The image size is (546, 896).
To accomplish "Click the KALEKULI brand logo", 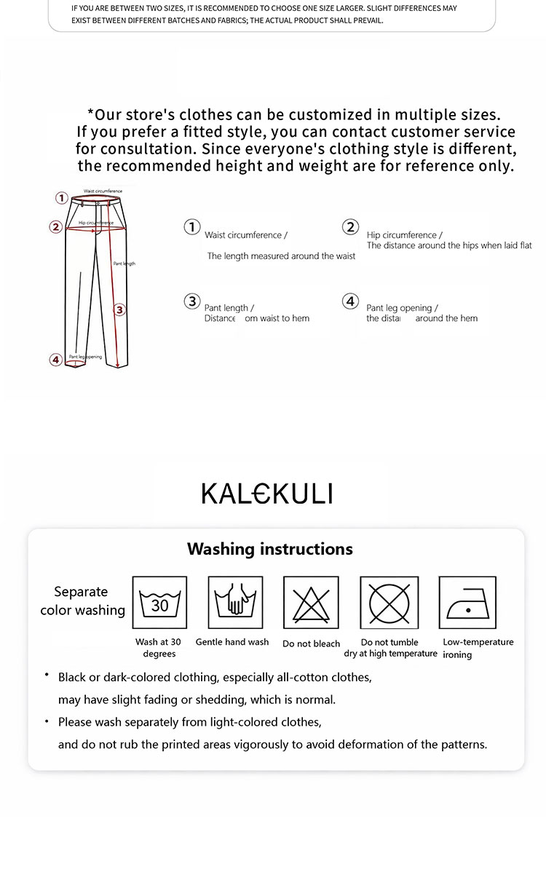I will pos(266,493).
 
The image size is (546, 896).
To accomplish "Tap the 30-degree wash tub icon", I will pos(159,603).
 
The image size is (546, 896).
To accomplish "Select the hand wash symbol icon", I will pos(235,603).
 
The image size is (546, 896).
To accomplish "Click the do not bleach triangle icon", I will pos(311,603).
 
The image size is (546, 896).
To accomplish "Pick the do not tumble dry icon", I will pos(389,603).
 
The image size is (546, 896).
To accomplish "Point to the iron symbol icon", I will pos(467,603).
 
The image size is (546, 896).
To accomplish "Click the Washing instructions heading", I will pos(270,549).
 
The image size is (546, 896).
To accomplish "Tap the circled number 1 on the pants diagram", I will pos(62,197).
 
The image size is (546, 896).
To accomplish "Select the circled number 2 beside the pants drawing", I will pos(55,227).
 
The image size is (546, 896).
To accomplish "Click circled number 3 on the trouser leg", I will pos(120,309).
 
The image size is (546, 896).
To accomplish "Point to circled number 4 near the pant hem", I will pos(55,359).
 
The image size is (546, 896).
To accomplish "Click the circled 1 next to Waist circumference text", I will pos(191,227).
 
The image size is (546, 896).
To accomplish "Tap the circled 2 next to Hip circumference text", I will pos(351,227).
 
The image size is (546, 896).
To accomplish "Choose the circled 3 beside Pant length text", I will pos(191,301).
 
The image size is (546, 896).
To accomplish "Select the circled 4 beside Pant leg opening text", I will pos(351,301).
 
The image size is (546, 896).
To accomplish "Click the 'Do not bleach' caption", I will pos(312,643).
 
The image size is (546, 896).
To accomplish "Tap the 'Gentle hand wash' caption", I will pos(232,642).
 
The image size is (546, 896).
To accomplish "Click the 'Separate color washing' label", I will pos(82,601).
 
